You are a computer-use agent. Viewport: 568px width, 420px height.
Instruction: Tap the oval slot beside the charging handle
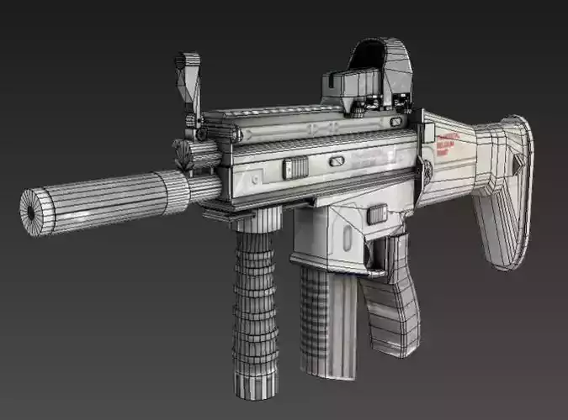pyautogui.click(x=336, y=160)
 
